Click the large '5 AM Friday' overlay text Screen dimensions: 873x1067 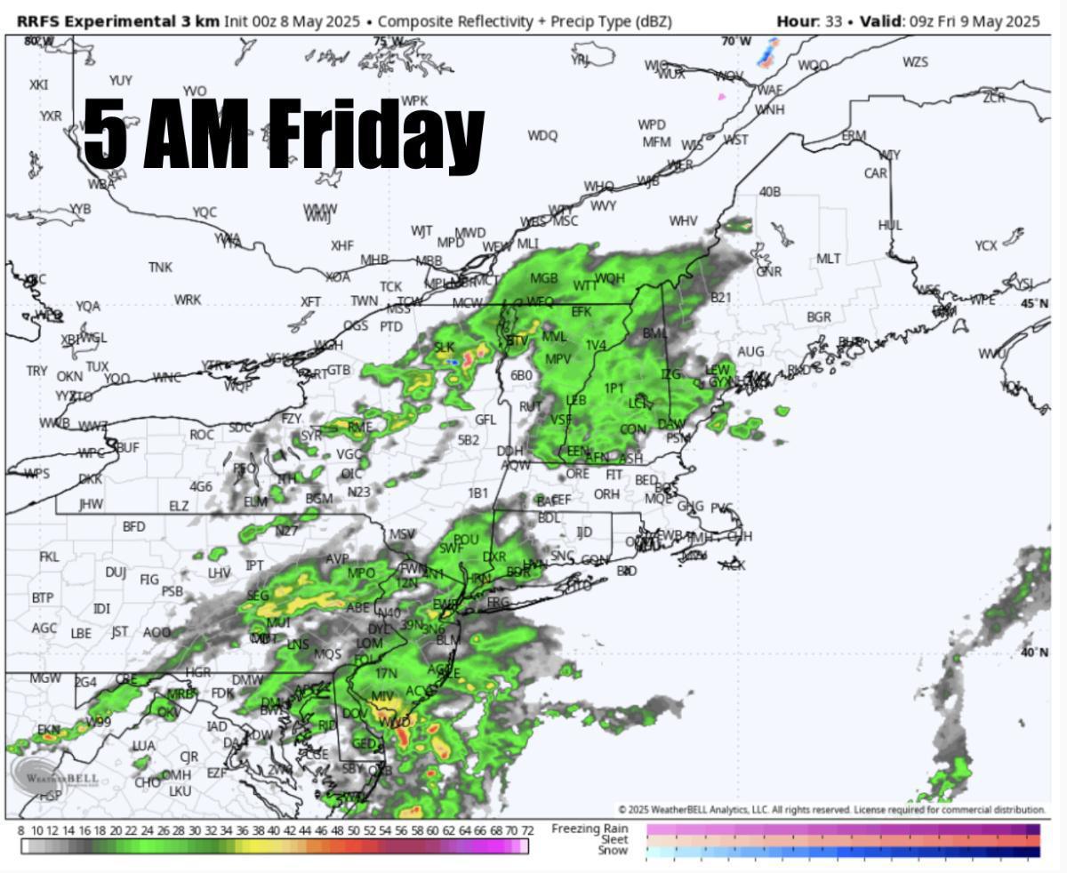point(283,134)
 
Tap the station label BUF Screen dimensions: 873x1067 point(127,447)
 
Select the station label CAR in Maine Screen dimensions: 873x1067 point(876,173)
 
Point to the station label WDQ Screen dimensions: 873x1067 point(542,135)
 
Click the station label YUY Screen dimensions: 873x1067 point(121,81)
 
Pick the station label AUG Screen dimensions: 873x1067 point(750,352)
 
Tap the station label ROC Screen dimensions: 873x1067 point(202,435)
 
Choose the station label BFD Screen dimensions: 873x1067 point(133,526)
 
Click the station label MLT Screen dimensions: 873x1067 point(829,259)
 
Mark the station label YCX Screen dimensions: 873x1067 point(986,245)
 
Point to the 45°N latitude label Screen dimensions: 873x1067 point(1035,303)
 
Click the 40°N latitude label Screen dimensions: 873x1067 point(1035,653)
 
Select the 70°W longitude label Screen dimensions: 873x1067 point(735,41)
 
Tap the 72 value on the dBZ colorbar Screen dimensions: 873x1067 point(527,830)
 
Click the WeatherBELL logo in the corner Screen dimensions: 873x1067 point(55,776)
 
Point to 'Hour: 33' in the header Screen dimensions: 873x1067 point(809,20)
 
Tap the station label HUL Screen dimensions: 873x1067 point(890,225)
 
